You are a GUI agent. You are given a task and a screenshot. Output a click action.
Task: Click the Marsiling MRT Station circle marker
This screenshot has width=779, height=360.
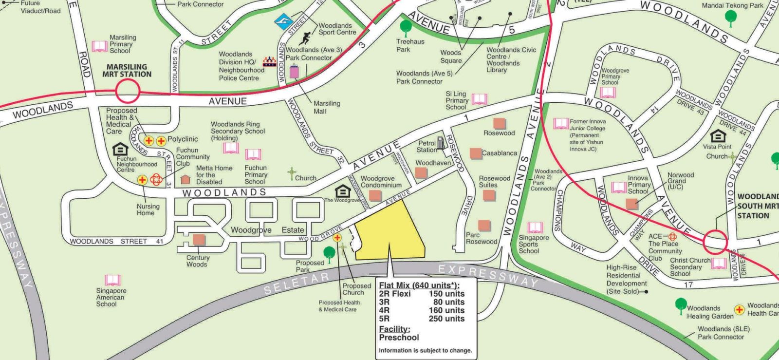tap(128, 91)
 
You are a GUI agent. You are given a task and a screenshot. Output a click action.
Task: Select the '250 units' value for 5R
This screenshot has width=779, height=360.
tap(446, 319)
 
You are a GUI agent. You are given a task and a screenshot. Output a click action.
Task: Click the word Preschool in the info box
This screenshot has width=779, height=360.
tap(399, 337)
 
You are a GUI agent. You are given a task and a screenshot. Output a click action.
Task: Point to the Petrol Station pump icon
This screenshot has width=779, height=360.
tap(441, 143)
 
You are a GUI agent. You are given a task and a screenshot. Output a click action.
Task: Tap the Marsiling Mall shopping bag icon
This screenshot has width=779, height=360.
tap(294, 72)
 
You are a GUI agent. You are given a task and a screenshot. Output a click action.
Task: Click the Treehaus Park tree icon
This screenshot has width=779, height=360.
tap(405, 26)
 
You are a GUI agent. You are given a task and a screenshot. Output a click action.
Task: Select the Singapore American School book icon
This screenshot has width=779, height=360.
tap(112, 280)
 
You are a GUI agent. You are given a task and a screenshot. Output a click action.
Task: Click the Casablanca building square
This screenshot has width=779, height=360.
tap(476, 153)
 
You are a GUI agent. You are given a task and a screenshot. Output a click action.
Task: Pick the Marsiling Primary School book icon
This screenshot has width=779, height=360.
tap(99, 46)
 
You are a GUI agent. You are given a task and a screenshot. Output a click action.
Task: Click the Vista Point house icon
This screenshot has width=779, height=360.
tap(718, 135)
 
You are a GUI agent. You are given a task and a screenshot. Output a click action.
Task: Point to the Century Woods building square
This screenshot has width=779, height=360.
tap(199, 240)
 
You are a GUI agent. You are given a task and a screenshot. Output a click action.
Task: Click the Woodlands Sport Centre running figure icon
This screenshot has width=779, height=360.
tap(305, 38)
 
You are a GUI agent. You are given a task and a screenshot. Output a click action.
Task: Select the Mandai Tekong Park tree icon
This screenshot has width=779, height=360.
tap(730, 18)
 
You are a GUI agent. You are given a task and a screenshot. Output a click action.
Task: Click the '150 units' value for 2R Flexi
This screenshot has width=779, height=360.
tap(446, 294)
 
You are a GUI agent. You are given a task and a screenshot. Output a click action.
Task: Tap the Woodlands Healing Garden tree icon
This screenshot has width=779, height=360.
tap(681, 305)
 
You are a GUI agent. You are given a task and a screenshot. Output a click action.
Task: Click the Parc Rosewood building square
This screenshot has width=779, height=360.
tap(484, 225)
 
